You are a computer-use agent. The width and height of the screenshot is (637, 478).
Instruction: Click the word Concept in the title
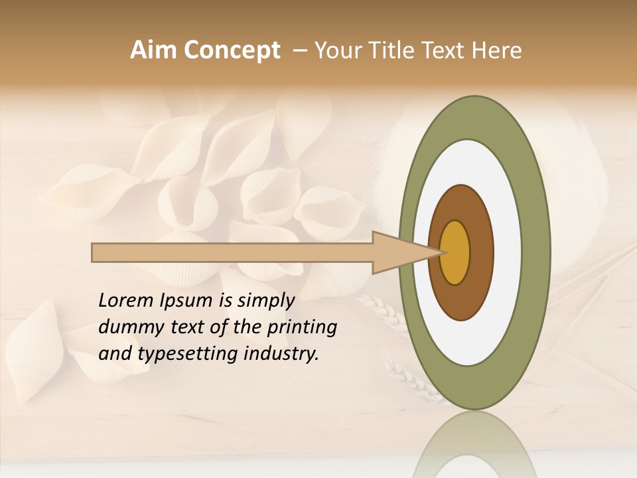pos(231,50)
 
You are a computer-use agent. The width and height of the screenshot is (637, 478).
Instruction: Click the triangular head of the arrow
pos(398,253)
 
